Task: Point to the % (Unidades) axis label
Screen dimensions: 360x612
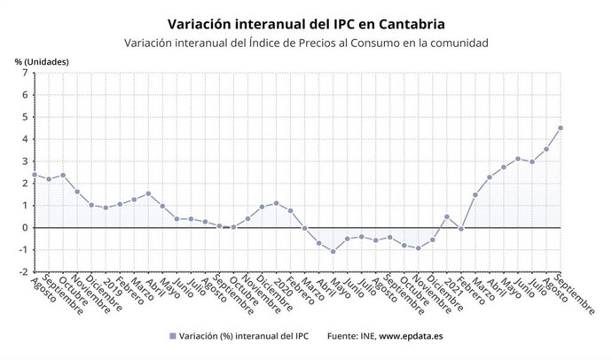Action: [x=41, y=61]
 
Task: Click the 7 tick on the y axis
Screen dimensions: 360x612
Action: [x=24, y=73]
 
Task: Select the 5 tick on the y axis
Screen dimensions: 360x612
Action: [x=24, y=117]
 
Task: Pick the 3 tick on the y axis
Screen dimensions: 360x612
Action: [x=24, y=161]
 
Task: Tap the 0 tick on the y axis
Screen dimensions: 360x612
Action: [x=24, y=228]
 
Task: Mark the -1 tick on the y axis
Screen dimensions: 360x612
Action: [x=22, y=250]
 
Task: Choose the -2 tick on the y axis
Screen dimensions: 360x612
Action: [x=22, y=272]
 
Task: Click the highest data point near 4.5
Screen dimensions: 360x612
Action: [x=561, y=128]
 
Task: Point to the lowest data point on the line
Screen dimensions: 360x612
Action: [x=333, y=251]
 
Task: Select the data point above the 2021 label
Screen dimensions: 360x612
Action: [x=447, y=216]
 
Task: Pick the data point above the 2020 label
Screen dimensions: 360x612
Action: [x=276, y=203]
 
